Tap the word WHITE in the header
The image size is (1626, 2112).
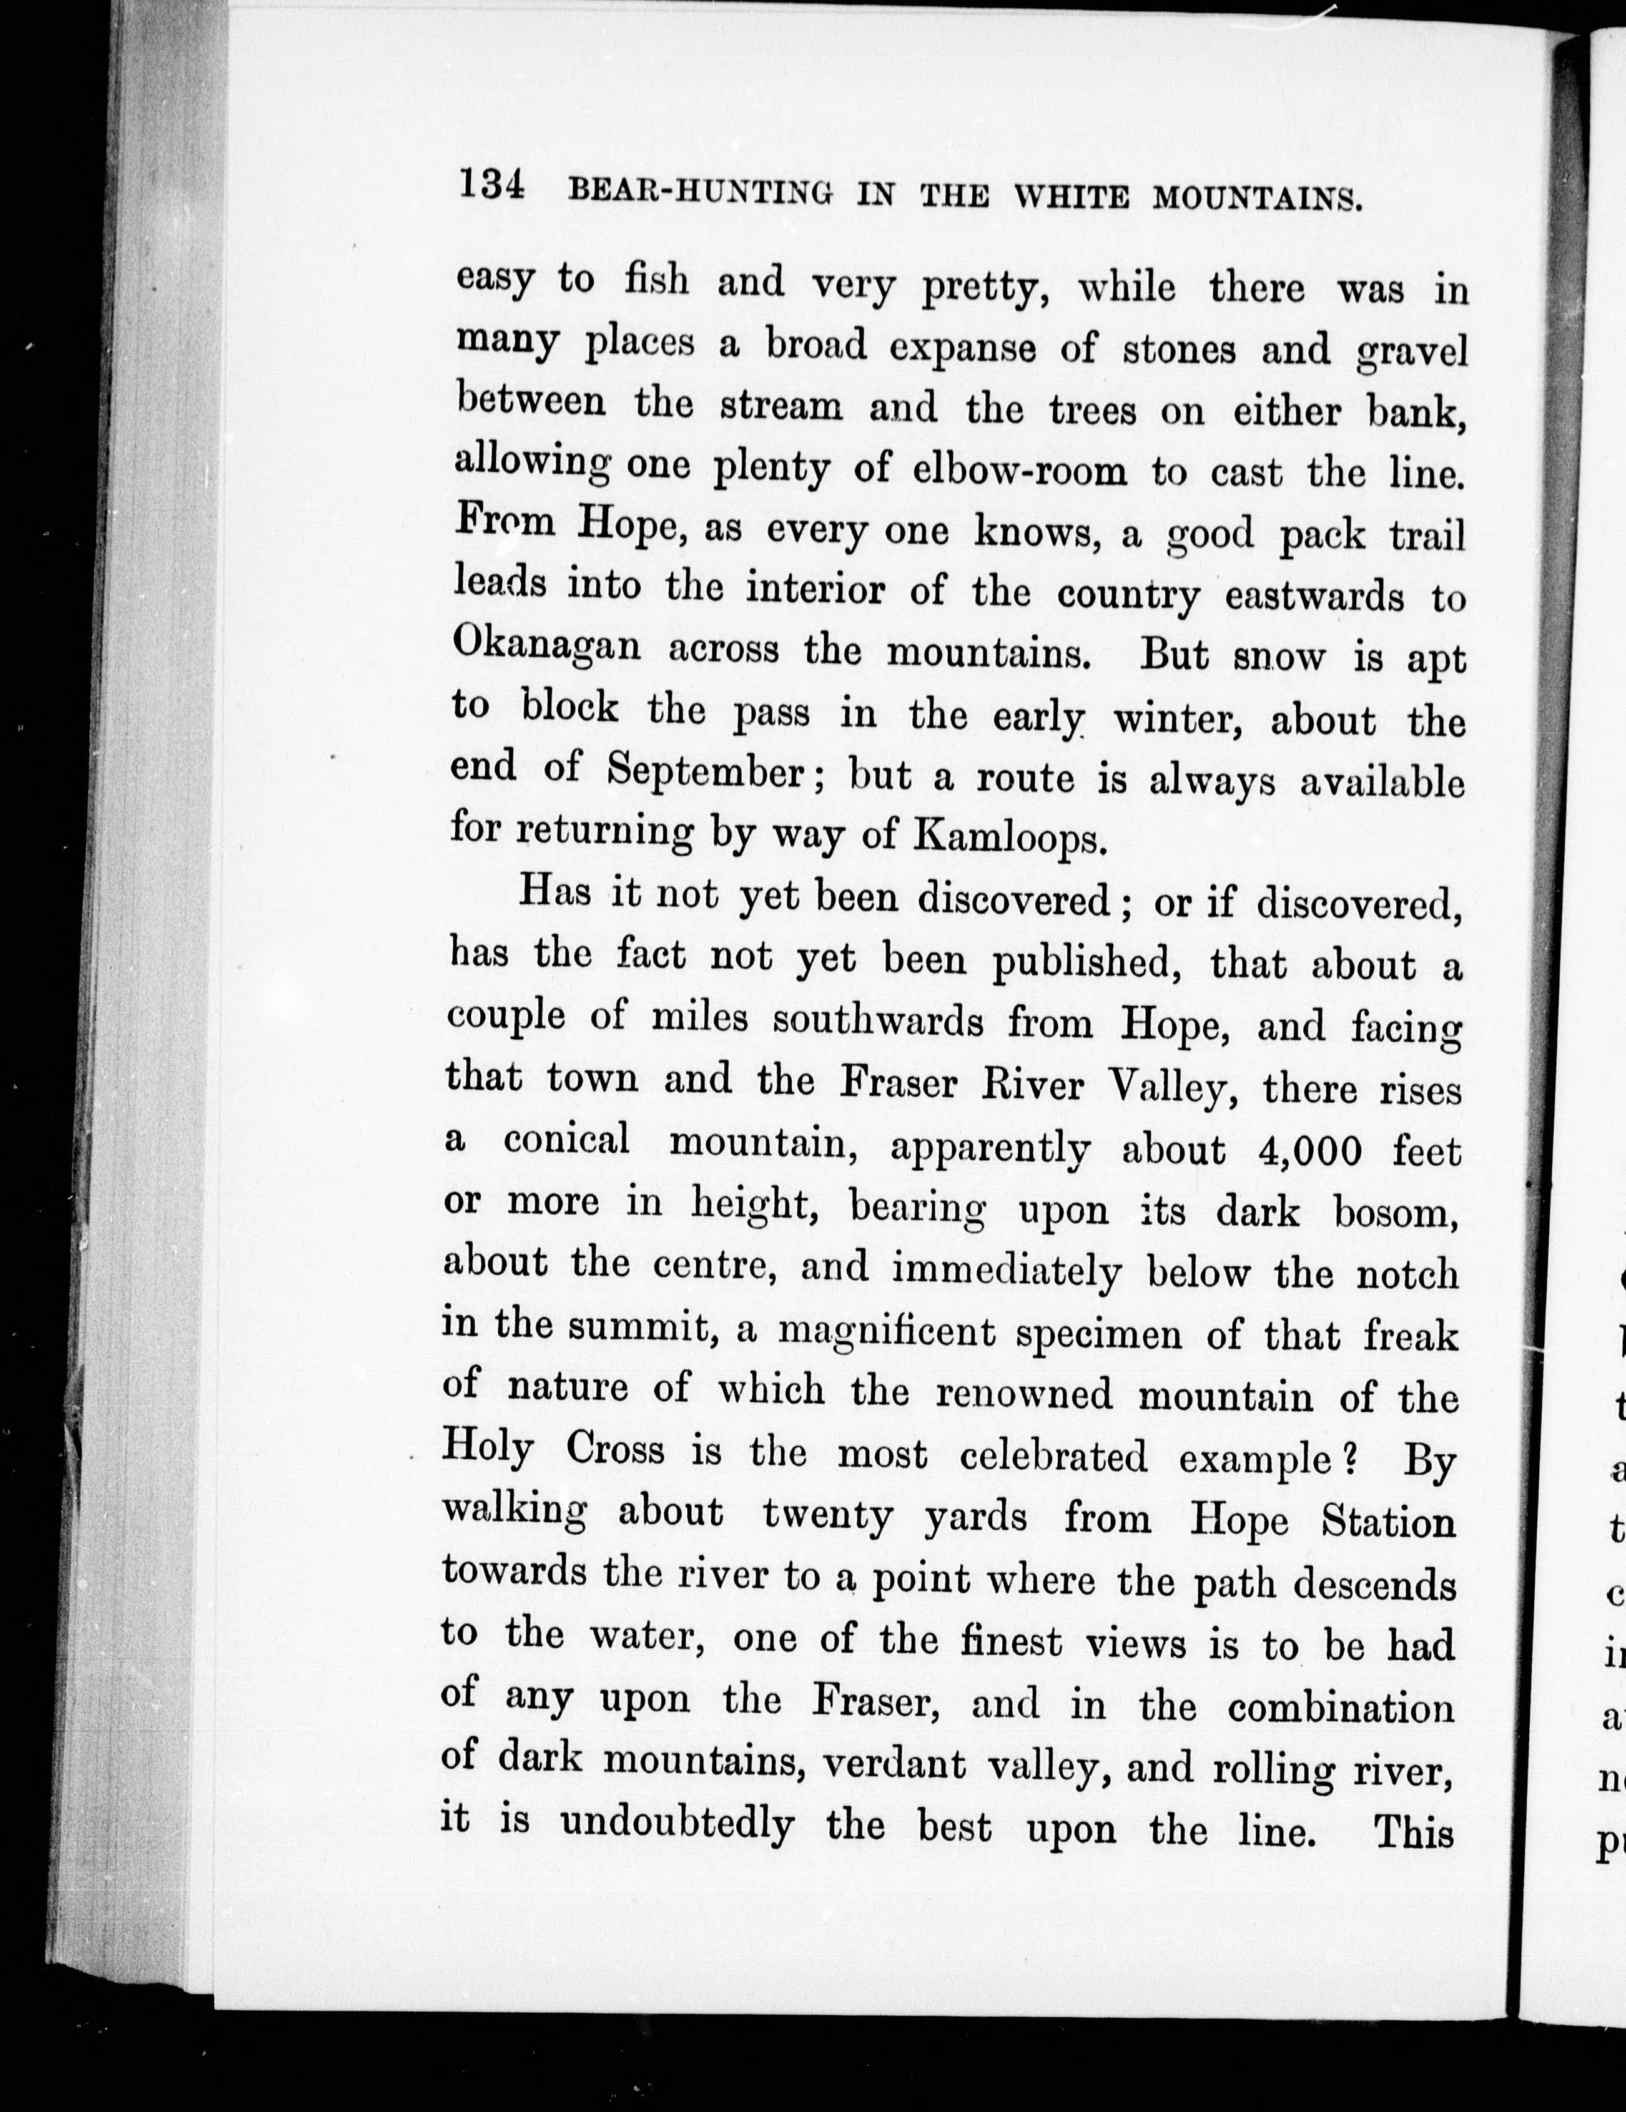(x=1071, y=197)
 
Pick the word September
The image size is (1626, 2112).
(x=704, y=771)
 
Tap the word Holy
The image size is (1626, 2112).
(x=488, y=1450)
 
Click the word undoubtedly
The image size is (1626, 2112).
(x=677, y=1824)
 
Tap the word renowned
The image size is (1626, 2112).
(x=1024, y=1394)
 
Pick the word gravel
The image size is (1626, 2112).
(x=1413, y=353)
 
